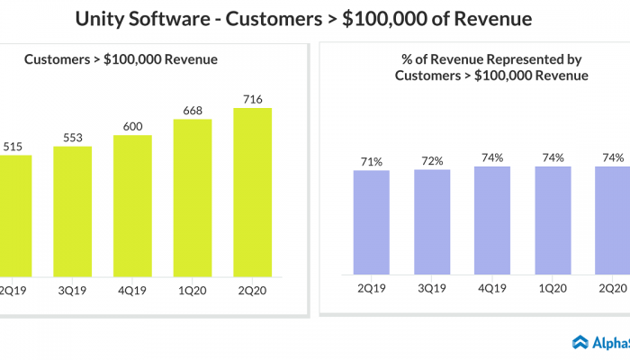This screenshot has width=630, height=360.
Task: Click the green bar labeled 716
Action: click(252, 192)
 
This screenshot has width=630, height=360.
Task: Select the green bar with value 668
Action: click(193, 197)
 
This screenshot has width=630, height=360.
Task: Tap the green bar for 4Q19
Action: click(132, 205)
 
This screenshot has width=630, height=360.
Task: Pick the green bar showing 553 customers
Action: click(72, 211)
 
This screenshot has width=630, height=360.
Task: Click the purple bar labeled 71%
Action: click(372, 221)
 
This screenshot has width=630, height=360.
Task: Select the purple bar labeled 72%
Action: click(432, 220)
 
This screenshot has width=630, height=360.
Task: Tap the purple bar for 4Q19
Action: click(492, 220)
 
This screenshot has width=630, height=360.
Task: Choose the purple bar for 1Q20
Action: click(553, 220)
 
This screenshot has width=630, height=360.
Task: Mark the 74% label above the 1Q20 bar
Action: click(553, 157)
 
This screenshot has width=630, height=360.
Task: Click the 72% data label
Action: click(432, 160)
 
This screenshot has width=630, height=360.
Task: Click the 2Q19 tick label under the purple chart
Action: click(372, 288)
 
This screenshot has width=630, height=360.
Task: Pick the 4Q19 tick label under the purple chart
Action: click(492, 288)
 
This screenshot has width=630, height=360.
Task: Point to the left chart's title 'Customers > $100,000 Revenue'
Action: click(121, 59)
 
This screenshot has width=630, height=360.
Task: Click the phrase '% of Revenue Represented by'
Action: click(491, 59)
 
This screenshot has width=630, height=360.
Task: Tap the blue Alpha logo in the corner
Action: click(581, 342)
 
